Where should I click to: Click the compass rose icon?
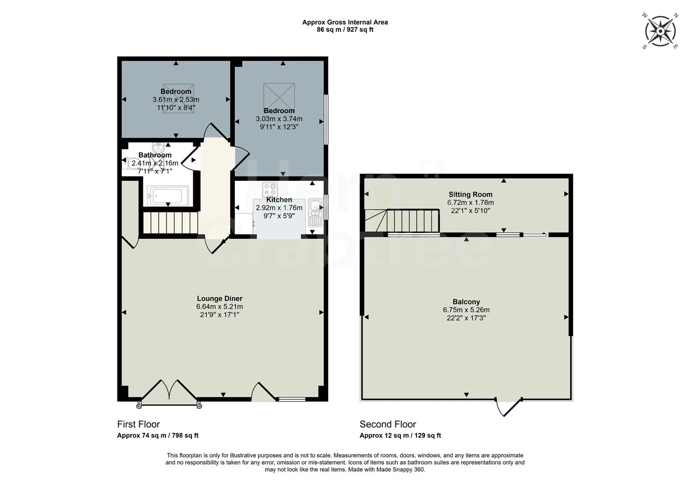pyautogui.click(x=661, y=31)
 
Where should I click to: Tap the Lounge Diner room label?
pyautogui.click(x=220, y=299)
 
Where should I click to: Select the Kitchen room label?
pyautogui.click(x=279, y=200)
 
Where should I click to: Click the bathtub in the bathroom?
pyautogui.click(x=168, y=195)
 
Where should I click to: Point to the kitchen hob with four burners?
pyautogui.click(x=270, y=190)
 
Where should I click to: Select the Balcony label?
pyautogui.click(x=466, y=302)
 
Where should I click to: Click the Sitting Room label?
pyautogui.click(x=470, y=195)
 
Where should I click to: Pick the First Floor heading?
pyautogui.click(x=138, y=424)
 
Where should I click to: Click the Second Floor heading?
pyautogui.click(x=388, y=424)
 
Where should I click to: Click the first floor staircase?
pyautogui.click(x=170, y=222)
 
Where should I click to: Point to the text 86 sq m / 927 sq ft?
pyautogui.click(x=345, y=30)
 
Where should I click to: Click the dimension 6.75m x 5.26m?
pyautogui.click(x=466, y=310)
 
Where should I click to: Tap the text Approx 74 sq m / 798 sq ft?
pyautogui.click(x=158, y=436)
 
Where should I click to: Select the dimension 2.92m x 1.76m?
pyautogui.click(x=279, y=208)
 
